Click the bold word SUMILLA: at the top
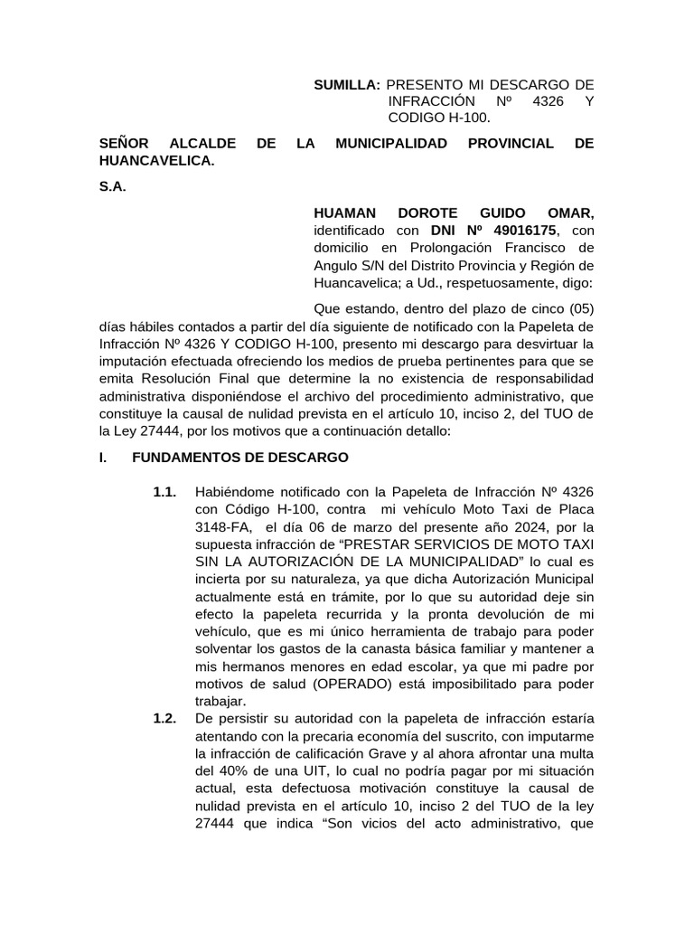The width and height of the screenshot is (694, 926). pos(347,85)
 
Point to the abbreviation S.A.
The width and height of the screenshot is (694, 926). pos(112,187)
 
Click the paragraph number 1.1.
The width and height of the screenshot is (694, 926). pos(164,492)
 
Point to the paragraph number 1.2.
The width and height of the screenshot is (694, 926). pos(164,719)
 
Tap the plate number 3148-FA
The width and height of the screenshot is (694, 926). pos(222,526)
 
